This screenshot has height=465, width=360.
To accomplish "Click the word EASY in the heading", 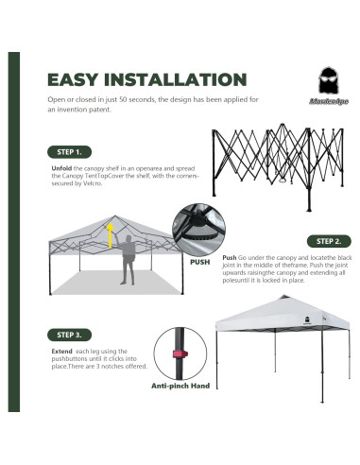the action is tap(73, 79).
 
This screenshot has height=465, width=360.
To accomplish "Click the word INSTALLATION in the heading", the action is tap(175, 79).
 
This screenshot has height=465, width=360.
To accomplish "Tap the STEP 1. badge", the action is tap(69, 152).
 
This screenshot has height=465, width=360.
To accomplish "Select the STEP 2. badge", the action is tap(329, 241).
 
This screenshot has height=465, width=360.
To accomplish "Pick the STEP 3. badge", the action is tap(69, 335).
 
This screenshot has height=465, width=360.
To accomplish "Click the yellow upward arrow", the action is tap(111, 235).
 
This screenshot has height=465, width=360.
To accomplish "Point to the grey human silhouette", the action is tap(127, 260).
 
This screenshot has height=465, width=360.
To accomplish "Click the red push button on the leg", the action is tap(180, 353).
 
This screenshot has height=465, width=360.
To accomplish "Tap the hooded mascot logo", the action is tap(328, 80).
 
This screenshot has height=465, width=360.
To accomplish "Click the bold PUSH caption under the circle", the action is tap(199, 262).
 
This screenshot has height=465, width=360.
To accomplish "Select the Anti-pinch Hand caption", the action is tap(180, 386).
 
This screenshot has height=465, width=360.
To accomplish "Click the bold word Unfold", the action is tap(61, 168).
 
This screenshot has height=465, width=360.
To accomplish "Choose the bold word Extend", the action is tap(61, 352).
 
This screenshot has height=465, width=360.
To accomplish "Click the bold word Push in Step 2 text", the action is tap(230, 258).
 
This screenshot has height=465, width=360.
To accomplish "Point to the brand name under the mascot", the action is tap(329, 101).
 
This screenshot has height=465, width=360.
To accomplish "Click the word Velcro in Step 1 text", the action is tap(93, 183).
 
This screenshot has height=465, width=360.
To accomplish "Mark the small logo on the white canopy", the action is tap(307, 319).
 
